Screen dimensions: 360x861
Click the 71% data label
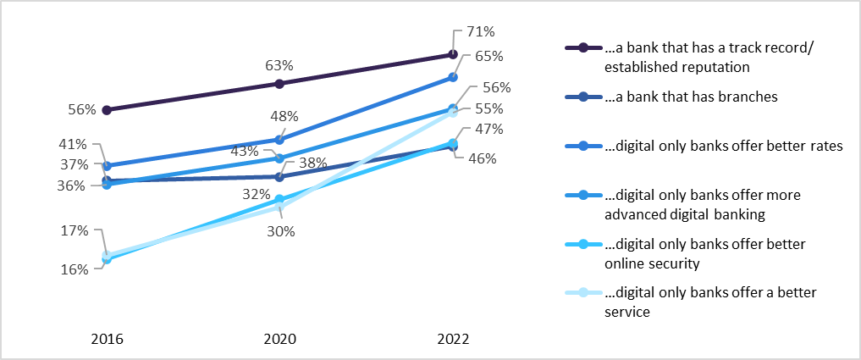click(480, 32)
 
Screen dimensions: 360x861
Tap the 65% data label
click(489, 57)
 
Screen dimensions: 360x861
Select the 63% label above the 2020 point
click(279, 64)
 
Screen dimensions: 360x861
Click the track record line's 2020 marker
click(279, 84)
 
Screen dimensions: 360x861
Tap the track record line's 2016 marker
click(108, 110)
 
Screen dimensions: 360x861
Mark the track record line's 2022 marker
click(453, 55)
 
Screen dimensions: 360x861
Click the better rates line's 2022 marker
click(453, 77)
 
